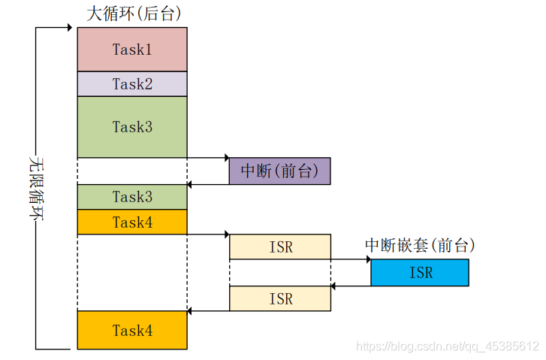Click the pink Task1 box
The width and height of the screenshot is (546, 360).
(132, 50)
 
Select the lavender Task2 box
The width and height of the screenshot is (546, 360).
(132, 84)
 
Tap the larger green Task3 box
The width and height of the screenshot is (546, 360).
(132, 127)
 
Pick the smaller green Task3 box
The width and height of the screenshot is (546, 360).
(132, 197)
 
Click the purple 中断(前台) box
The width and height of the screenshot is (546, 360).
(279, 171)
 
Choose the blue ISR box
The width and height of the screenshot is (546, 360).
(420, 272)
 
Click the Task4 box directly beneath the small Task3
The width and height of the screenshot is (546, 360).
(132, 222)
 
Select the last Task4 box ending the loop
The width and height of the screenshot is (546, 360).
(132, 330)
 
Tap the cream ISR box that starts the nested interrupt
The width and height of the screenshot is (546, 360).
(279, 247)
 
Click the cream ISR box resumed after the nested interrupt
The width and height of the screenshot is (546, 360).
(279, 298)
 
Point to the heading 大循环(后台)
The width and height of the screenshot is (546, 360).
(134, 14)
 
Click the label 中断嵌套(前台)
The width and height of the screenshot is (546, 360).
(420, 246)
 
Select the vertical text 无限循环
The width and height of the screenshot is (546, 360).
(35, 188)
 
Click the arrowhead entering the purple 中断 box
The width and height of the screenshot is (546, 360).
(225, 158)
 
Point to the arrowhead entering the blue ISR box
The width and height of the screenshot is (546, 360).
(367, 259)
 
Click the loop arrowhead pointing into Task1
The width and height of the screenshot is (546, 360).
(74, 29)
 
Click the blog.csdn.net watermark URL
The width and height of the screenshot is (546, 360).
(447, 346)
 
